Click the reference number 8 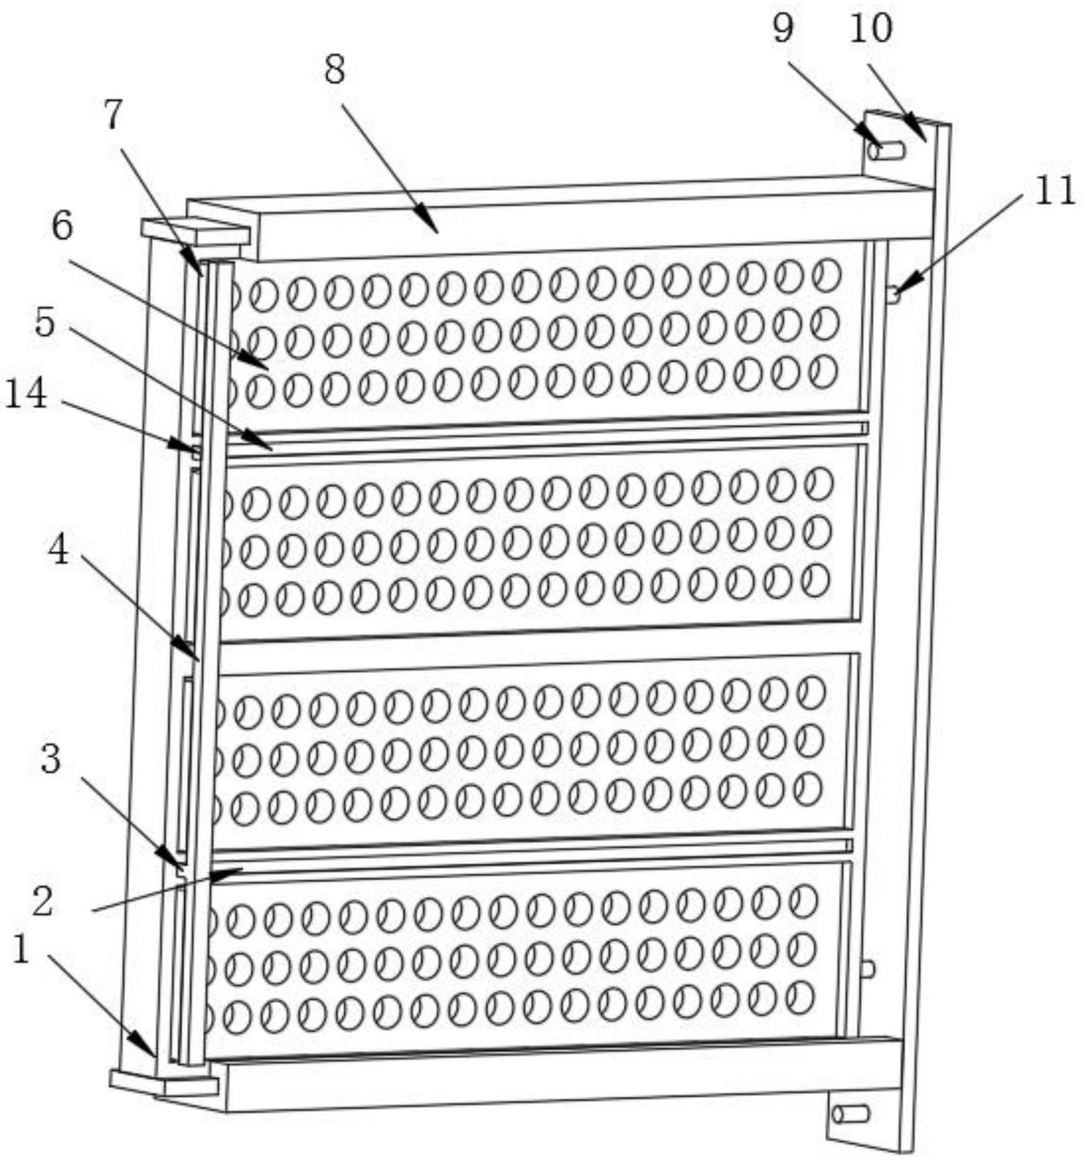[x=334, y=70]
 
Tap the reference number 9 [x=783, y=28]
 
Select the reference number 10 [x=871, y=28]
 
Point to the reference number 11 [x=1054, y=190]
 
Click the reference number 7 [x=112, y=116]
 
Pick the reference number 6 [x=62, y=226]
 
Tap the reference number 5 [x=45, y=323]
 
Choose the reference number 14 [x=26, y=394]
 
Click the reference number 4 [x=59, y=550]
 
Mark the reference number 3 [x=51, y=758]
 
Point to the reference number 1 [x=21, y=950]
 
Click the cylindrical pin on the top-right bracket [x=886, y=151]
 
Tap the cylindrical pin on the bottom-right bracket [x=850, y=1114]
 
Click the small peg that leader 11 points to [x=893, y=293]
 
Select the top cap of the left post [x=195, y=231]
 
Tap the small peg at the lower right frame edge [x=868, y=969]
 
